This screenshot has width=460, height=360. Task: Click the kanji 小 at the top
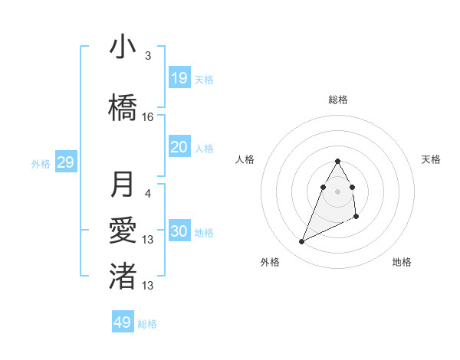coord(123,47)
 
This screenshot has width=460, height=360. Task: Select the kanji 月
coord(123,185)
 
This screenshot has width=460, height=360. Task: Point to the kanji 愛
coord(123,230)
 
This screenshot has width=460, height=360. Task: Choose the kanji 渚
coord(123,276)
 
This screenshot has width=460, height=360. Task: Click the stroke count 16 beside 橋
coord(148,117)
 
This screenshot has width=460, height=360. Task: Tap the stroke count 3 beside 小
coord(147,56)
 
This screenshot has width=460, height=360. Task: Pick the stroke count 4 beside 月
coord(148,193)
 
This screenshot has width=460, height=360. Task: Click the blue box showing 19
coord(179,77)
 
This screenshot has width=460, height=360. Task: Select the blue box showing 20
coord(179,147)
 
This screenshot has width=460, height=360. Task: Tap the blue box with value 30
coord(179,231)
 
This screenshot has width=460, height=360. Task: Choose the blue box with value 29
coord(65,162)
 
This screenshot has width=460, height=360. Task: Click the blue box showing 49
coord(123,322)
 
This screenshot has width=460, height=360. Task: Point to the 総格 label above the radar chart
coord(338,100)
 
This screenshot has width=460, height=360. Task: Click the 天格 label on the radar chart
coord(432,159)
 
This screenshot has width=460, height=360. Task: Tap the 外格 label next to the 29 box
coord(41,163)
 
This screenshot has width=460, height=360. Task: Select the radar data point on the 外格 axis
coord(301,242)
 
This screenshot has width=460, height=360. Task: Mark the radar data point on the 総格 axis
coord(338,161)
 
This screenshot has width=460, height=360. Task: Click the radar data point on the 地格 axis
coord(356,218)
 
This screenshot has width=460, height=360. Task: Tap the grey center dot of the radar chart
coord(338,191)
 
